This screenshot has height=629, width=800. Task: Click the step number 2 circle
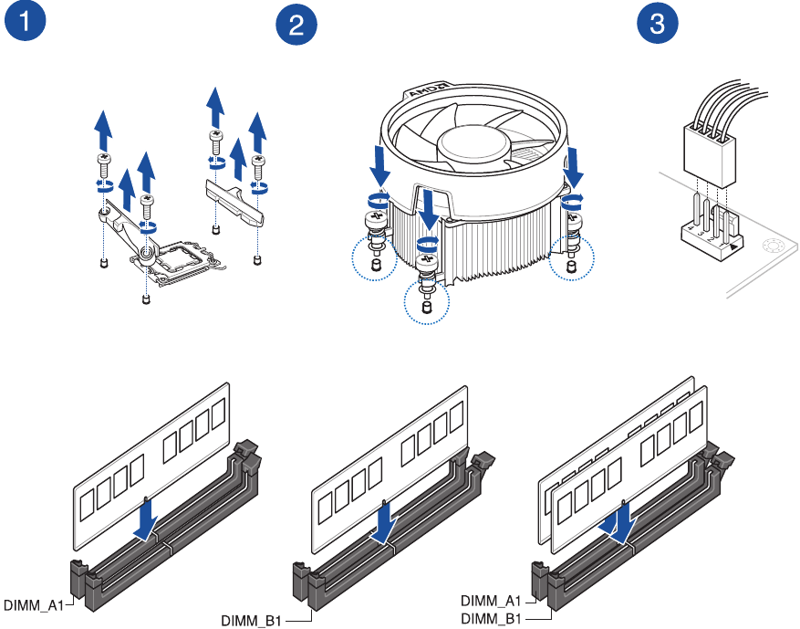tap(296, 26)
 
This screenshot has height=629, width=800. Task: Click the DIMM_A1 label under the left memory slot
tap(32, 604)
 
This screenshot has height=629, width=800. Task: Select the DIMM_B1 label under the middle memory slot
tap(251, 621)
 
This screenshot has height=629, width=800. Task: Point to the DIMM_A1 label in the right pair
tap(491, 601)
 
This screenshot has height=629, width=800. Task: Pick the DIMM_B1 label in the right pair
tap(491, 618)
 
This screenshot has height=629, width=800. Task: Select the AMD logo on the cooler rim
tap(424, 94)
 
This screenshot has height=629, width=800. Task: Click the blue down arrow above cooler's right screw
tap(575, 164)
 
